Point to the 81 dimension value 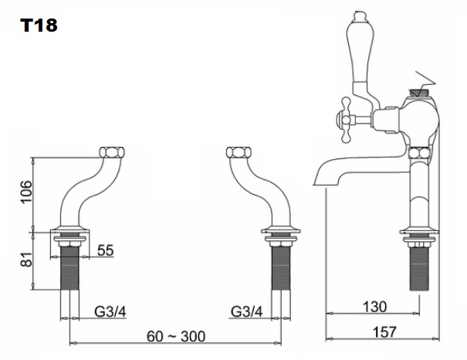[25, 261]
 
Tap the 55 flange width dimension [105, 250]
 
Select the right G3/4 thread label [247, 311]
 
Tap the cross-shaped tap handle [346, 118]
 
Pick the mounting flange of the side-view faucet [418, 231]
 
